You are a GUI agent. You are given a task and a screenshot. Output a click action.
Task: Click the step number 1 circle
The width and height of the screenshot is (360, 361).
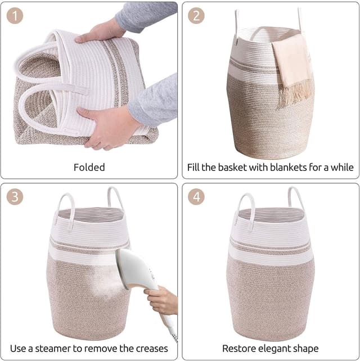pos(15,16)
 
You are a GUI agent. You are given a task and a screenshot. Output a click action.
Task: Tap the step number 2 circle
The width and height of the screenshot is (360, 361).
pos(196,16)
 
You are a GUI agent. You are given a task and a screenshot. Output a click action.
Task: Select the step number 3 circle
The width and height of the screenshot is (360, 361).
pos(15,197)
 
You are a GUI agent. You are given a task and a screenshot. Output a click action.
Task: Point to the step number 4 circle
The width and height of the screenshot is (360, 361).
pos(196,197)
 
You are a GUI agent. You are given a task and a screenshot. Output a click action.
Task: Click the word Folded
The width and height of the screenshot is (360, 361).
pos(89,167)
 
